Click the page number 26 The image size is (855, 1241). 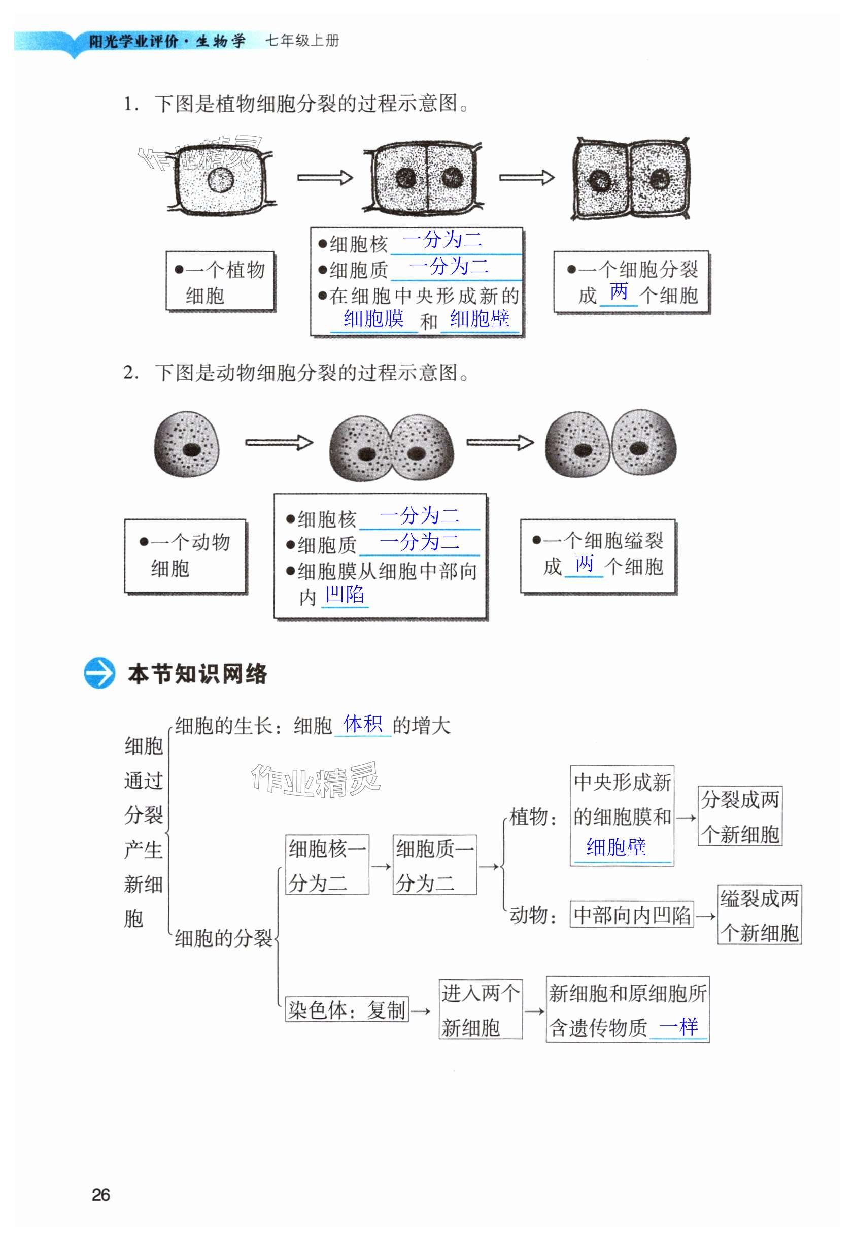click(100, 1194)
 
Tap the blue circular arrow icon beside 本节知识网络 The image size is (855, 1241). click(99, 673)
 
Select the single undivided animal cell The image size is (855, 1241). click(186, 444)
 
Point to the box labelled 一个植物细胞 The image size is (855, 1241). click(220, 281)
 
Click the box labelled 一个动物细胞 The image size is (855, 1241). click(185, 556)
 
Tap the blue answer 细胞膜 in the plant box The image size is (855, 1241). click(373, 319)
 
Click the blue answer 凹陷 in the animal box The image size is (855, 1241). click(345, 595)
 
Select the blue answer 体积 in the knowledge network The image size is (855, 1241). click(363, 724)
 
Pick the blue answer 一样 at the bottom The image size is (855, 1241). click(678, 1027)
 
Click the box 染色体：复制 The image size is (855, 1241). click(347, 1010)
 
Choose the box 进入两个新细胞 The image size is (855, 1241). click(480, 1010)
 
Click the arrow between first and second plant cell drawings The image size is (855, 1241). click(325, 177)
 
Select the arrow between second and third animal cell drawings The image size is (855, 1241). click(500, 442)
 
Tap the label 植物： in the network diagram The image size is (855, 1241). click(533, 817)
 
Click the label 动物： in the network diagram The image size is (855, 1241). click(533, 915)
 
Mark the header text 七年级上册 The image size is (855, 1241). click(302, 41)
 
